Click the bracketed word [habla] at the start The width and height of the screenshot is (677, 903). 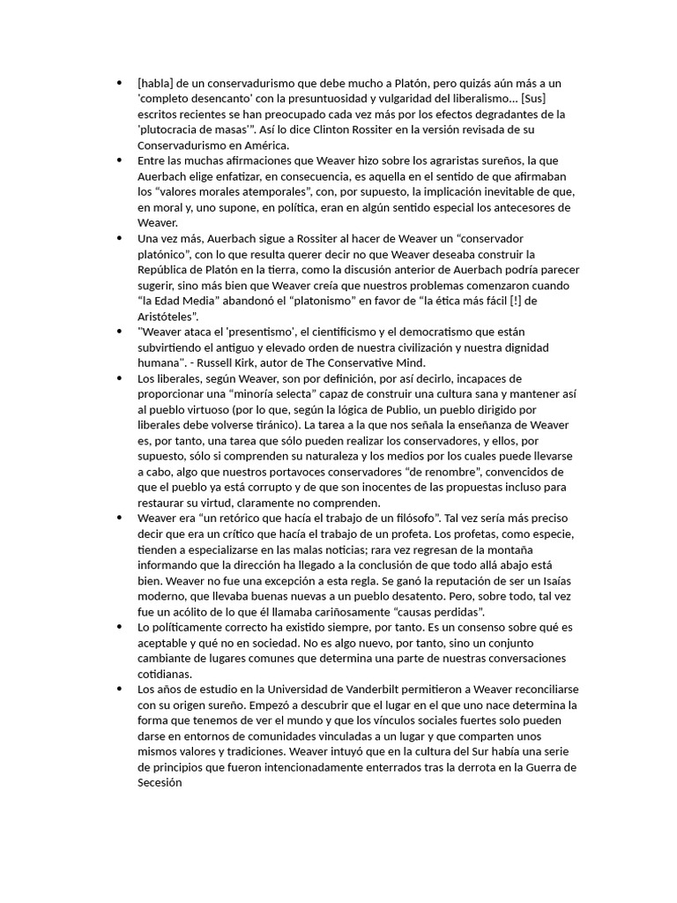[x=156, y=83]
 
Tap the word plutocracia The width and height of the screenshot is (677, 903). [x=174, y=130]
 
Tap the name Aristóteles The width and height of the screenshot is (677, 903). [x=168, y=316]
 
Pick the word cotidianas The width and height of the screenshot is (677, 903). [x=168, y=674]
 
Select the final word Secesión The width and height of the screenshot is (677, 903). [x=160, y=782]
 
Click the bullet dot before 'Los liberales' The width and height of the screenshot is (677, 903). [x=119, y=377]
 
